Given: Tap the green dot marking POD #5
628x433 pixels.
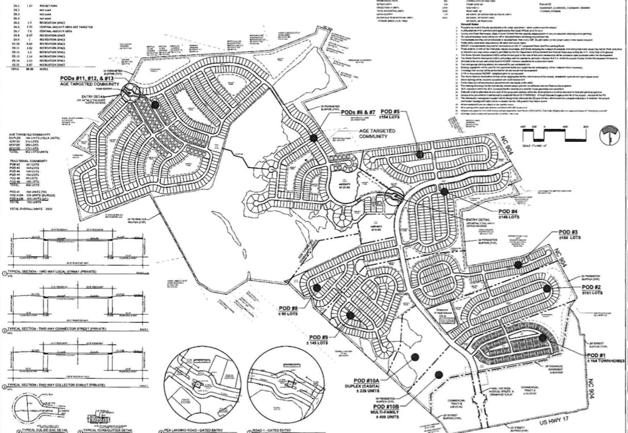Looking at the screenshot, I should [420, 154].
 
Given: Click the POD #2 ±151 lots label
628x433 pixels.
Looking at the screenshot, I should [599, 289].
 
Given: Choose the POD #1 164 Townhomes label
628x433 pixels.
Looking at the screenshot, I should [606, 358].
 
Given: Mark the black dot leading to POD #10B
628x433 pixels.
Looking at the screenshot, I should [438, 375].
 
